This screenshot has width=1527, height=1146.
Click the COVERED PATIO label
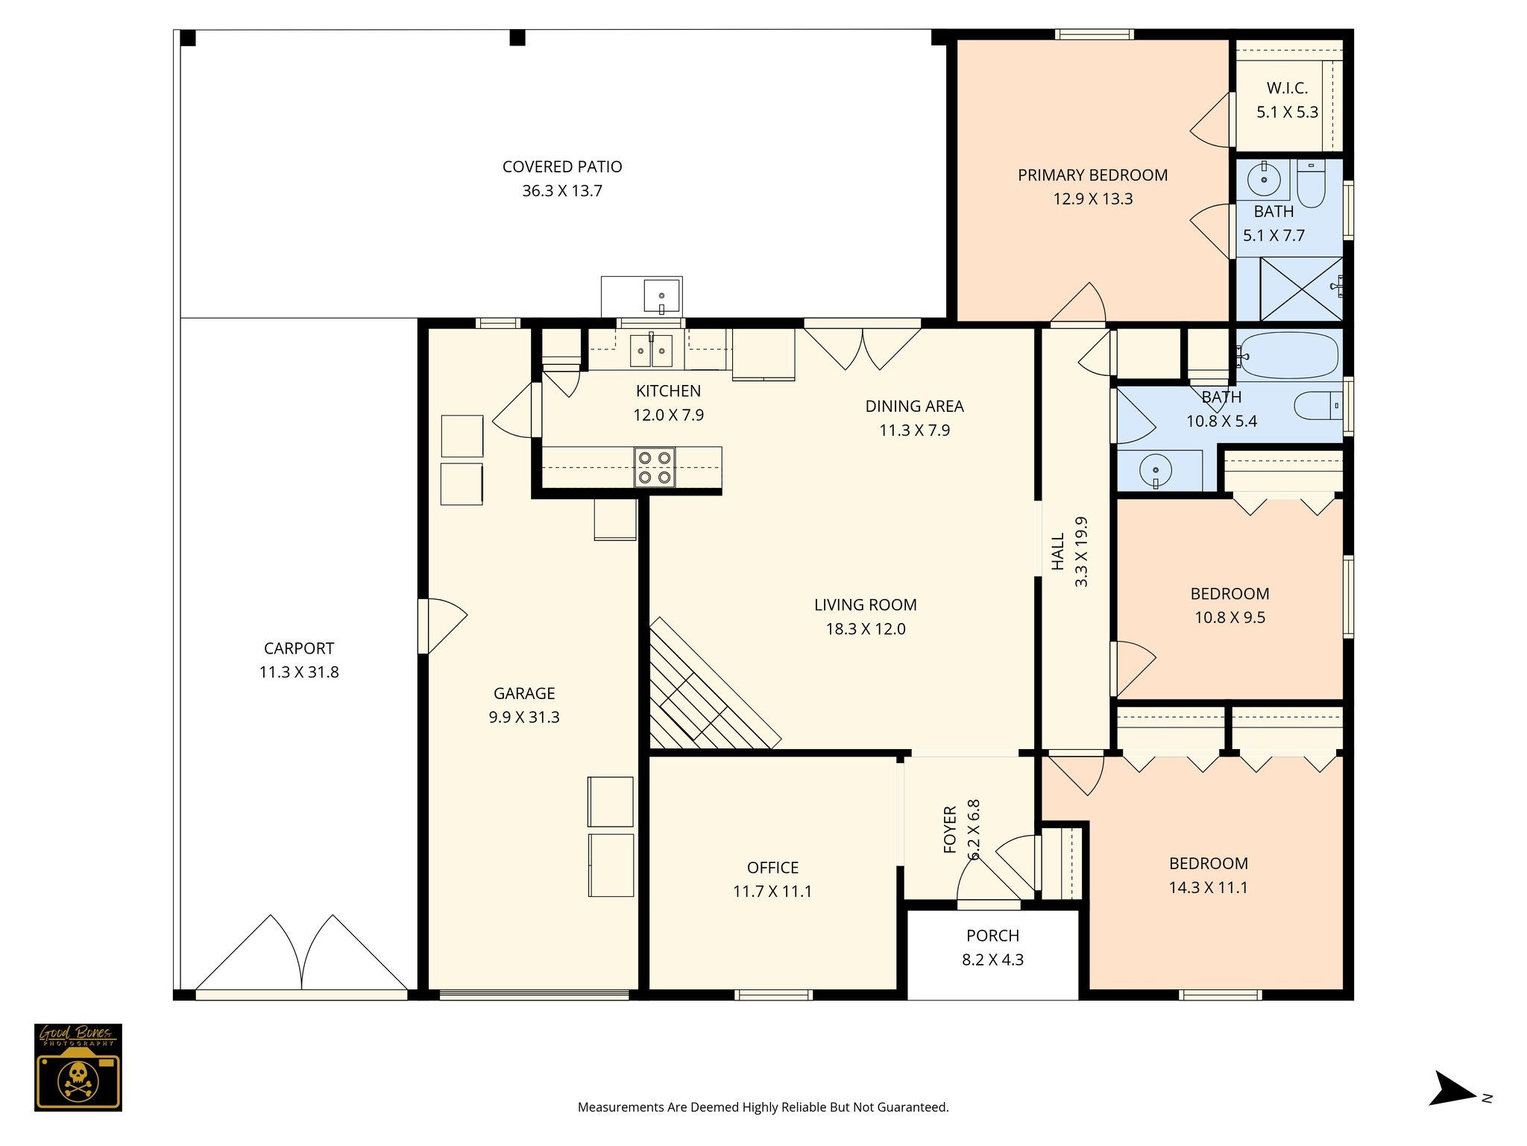tap(562, 167)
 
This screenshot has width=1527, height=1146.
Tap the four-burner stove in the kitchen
tap(655, 467)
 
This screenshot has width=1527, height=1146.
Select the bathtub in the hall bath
tap(1288, 356)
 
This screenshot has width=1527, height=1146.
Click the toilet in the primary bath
tap(1311, 184)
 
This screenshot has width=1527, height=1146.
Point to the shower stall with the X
tap(1300, 289)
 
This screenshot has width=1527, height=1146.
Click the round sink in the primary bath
tap(1264, 179)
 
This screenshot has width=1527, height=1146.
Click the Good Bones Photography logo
tap(78, 1067)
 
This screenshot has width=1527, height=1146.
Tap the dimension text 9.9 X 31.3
tap(524, 718)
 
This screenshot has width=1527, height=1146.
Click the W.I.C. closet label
tap(1287, 88)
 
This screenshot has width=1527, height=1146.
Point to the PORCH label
tap(992, 936)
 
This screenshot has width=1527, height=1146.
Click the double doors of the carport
tap(302, 955)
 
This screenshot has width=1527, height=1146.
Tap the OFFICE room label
tap(772, 868)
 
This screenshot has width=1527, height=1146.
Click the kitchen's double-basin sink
tap(652, 351)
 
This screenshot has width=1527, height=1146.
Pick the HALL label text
tap(1058, 552)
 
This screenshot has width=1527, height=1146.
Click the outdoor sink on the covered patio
tap(661, 296)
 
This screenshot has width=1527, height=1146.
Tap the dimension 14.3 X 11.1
tap(1208, 888)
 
